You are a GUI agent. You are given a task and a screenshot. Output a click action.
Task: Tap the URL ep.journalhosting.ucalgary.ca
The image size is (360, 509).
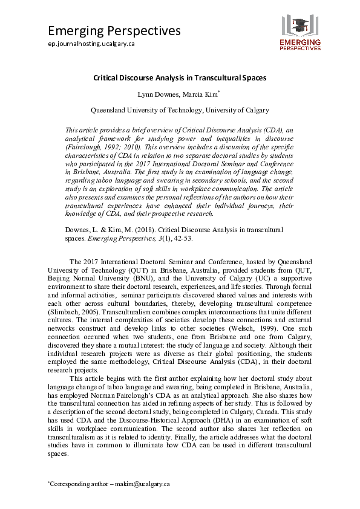click(91, 44)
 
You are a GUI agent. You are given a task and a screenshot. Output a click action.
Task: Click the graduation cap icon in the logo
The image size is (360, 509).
click(299, 25)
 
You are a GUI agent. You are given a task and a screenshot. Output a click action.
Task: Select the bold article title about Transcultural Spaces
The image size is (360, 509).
click(180, 78)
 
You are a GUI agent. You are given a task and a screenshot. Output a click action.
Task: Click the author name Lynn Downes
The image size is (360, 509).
click(159, 94)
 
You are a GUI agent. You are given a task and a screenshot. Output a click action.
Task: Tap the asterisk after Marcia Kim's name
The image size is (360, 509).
click(218, 92)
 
